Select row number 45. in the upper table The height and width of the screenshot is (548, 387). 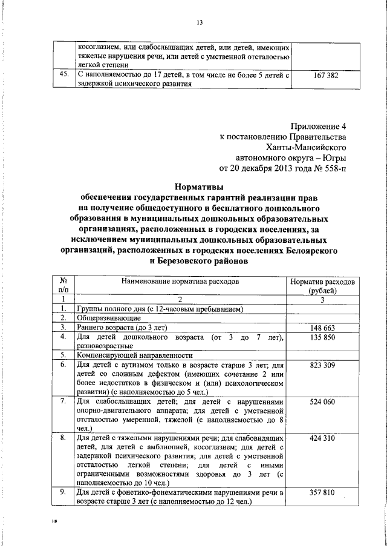point(61,76)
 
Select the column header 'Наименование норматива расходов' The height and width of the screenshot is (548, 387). point(180,282)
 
